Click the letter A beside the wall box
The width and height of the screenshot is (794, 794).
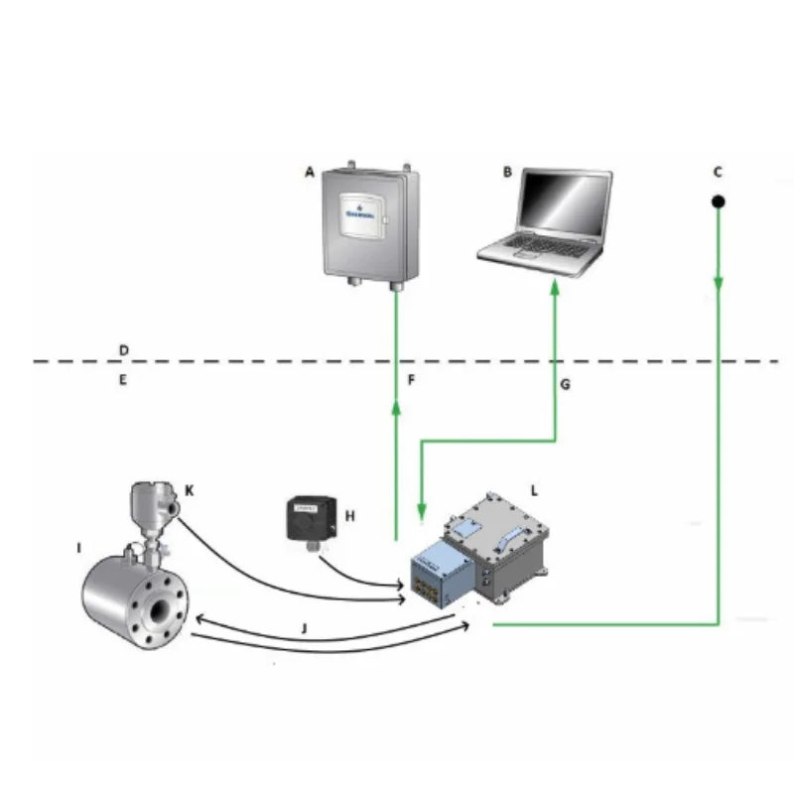310,173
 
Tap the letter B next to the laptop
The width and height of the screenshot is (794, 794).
507,173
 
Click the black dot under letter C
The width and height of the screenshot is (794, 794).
719,202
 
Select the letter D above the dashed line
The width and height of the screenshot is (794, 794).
123,350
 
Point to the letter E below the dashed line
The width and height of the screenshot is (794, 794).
123,379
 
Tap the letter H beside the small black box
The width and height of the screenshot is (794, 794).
348,516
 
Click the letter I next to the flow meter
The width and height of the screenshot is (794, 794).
78,547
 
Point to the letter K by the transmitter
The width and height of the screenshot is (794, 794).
189,490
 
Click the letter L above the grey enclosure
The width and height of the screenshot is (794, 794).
534,490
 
